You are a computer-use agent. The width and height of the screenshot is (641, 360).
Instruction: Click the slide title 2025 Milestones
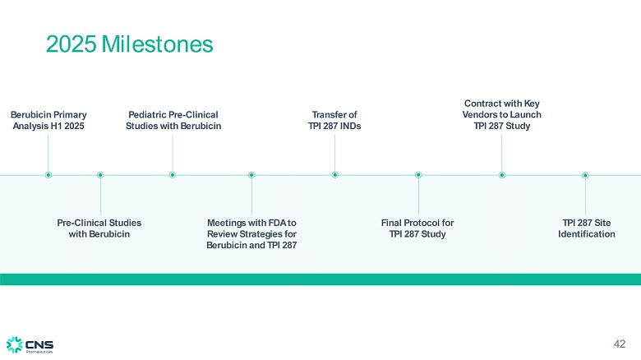(x=129, y=44)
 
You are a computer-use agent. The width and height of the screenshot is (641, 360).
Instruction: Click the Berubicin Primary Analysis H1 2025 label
(x=48, y=121)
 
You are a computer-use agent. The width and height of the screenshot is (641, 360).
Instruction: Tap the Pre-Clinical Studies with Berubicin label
(x=99, y=228)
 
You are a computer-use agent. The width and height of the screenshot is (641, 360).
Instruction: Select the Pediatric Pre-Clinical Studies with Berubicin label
(x=173, y=121)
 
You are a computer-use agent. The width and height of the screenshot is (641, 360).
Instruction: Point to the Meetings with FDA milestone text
(x=251, y=234)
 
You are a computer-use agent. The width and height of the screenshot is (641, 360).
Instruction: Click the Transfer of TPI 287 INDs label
(x=334, y=121)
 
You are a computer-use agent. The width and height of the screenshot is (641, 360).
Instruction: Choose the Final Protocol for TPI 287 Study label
(x=417, y=228)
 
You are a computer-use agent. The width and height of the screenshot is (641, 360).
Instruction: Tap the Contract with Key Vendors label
(x=501, y=115)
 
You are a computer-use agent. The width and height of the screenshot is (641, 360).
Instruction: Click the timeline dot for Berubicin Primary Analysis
(x=48, y=174)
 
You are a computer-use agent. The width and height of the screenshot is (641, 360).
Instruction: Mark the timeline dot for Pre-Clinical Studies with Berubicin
(x=100, y=174)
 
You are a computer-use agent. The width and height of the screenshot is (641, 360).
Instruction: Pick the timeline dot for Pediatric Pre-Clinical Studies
(x=173, y=174)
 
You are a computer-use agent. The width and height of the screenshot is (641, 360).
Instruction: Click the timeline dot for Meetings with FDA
(x=251, y=174)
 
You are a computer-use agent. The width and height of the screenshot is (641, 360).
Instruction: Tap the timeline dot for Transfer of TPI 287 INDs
(x=335, y=174)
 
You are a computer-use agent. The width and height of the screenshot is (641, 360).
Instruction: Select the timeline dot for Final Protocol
(x=418, y=174)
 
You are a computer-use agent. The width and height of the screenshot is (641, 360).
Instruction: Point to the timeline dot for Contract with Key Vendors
(x=501, y=174)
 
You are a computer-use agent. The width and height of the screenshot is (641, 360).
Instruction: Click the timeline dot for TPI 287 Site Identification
(x=585, y=174)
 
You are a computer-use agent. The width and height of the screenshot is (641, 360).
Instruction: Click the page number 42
(x=620, y=343)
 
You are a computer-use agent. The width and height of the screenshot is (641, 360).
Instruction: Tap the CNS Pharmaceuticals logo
(x=30, y=344)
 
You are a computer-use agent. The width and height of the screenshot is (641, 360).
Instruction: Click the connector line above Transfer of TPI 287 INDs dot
(x=335, y=152)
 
